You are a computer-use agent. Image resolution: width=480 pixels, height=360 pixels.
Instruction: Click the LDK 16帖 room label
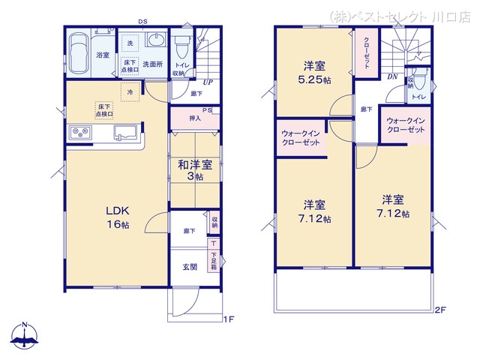pyautogui.click(x=115, y=218)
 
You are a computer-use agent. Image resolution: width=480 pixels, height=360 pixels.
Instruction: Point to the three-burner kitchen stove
pyautogui.click(x=79, y=133)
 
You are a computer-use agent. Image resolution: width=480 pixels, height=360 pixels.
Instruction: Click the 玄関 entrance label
pyautogui.click(x=190, y=266)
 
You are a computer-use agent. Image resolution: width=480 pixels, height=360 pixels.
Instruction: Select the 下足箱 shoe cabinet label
pyautogui.click(x=214, y=261)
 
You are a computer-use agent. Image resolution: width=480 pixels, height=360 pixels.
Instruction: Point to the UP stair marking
pyautogui.click(x=205, y=82)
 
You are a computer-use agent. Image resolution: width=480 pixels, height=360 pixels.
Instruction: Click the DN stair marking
pyautogui.click(x=391, y=77)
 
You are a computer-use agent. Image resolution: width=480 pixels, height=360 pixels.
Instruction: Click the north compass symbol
pyautogui.click(x=25, y=335)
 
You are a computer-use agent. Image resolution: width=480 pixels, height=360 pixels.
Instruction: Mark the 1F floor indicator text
pyautogui.click(x=228, y=318)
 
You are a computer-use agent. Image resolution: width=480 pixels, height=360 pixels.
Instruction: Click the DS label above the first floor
pyautogui.click(x=142, y=22)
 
